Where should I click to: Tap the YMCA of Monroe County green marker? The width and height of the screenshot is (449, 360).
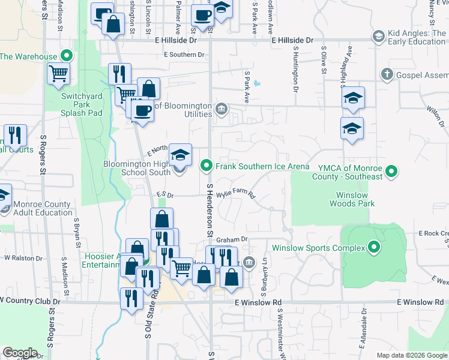pos(391,172)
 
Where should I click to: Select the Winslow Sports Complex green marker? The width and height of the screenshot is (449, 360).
pos(375,247)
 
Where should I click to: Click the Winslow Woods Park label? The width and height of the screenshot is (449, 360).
pos(352,199)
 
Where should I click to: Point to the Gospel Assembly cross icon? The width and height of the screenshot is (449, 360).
pos(387,74)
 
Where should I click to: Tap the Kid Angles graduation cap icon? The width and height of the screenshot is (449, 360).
pos(378,37)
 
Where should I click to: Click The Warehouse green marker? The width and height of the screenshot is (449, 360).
pos(67,56)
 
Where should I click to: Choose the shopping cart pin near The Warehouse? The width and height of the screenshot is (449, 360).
pos(59,74)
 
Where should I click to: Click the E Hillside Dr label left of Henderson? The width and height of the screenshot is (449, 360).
pos(175,40)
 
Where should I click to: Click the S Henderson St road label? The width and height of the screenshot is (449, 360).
pos(210,210)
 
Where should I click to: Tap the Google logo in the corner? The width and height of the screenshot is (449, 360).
pos(19,353)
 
